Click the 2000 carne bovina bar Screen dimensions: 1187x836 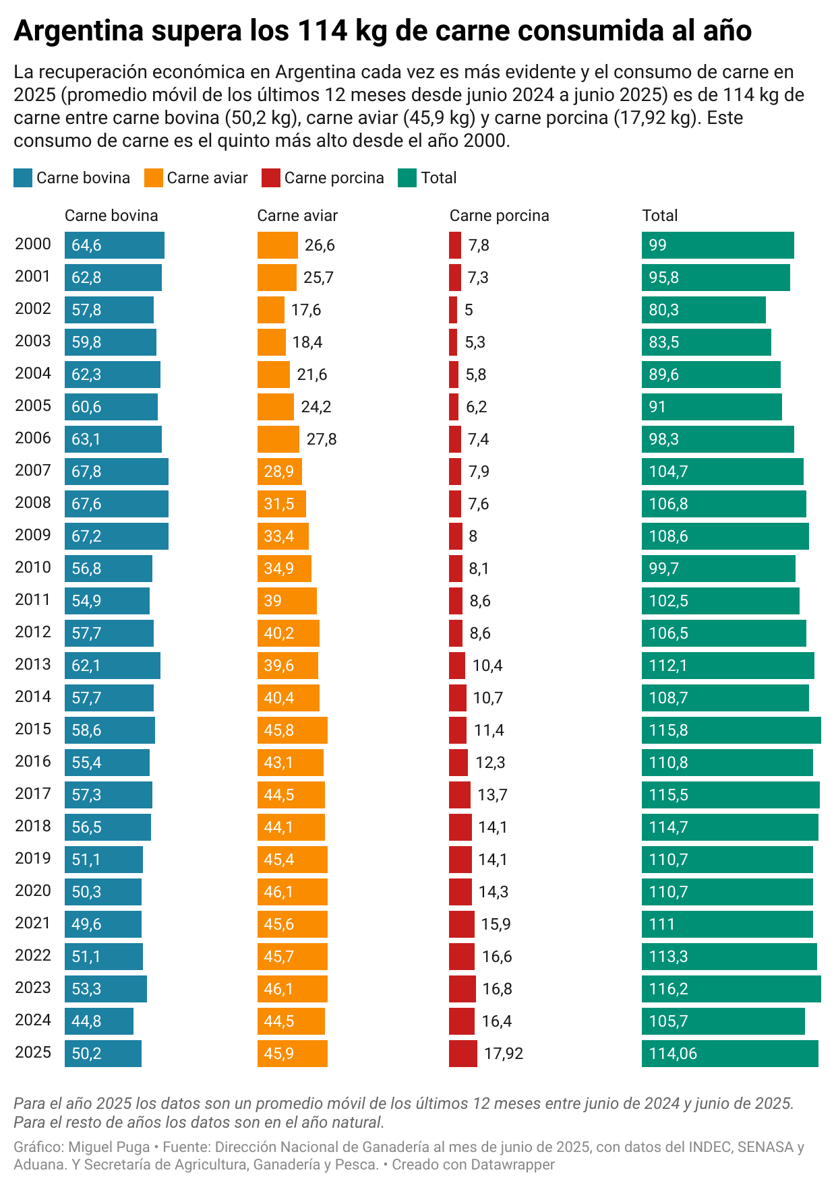[115, 245]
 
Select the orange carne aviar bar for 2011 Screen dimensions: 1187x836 [287, 601]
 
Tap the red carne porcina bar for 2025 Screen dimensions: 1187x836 [463, 1054]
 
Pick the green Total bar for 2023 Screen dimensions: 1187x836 [731, 989]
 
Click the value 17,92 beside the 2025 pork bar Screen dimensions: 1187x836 [504, 1054]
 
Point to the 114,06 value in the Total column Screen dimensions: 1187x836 [673, 1054]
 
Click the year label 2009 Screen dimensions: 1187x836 [33, 536]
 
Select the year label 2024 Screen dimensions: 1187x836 [33, 1021]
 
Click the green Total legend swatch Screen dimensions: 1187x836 [408, 178]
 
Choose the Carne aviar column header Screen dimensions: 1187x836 [297, 216]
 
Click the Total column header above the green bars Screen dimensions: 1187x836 [660, 216]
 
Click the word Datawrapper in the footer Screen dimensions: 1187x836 [513, 1164]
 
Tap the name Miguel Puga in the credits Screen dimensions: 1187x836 [109, 1147]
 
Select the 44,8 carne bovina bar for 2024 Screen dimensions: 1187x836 [99, 1021]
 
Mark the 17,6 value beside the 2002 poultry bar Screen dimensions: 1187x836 [306, 310]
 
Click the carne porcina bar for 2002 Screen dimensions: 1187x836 [453, 310]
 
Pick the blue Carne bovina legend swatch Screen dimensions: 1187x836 [23, 178]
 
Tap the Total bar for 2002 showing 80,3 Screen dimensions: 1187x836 [704, 310]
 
